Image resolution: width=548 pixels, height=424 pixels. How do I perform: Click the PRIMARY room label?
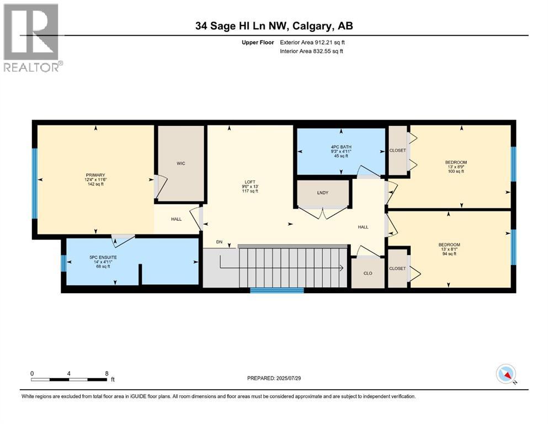click(x=95, y=175)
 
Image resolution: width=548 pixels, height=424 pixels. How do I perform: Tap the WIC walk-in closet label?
click(x=180, y=163)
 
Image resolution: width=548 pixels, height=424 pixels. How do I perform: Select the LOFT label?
click(x=250, y=182)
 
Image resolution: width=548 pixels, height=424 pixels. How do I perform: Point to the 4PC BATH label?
click(x=341, y=147)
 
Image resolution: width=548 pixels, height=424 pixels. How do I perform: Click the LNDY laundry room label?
click(x=323, y=193)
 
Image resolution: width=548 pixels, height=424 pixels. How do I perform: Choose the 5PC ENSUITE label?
click(x=103, y=257)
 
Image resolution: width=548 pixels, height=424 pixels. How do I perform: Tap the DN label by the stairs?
click(x=219, y=242)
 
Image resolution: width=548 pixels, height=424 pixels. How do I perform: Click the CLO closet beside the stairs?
click(x=368, y=273)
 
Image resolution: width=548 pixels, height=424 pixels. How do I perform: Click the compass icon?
click(x=506, y=374)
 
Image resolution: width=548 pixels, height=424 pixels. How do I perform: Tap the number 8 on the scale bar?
click(x=107, y=373)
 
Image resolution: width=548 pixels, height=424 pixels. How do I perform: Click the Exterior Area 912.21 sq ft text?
click(x=312, y=43)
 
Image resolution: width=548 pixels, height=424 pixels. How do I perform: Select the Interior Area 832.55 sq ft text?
click(x=311, y=51)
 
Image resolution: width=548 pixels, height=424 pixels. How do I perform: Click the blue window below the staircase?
click(x=277, y=290)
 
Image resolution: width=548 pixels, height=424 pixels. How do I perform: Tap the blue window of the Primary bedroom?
click(x=35, y=184)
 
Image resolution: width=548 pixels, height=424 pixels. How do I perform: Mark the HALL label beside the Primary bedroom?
click(x=176, y=219)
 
